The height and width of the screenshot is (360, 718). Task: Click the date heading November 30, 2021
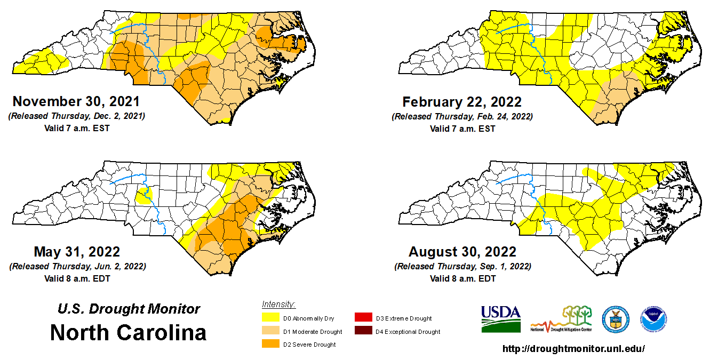76,101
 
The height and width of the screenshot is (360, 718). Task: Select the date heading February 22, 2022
462,101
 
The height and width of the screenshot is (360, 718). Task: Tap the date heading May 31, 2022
77,252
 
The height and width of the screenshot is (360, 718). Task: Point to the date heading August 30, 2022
462,252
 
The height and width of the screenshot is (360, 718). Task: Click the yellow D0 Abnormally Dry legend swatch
271,318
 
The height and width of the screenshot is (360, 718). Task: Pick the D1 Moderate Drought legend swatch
271,332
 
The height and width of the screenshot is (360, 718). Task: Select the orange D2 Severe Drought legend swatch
271,345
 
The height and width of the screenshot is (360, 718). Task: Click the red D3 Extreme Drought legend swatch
364,318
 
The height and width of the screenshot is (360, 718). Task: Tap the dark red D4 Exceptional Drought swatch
364,332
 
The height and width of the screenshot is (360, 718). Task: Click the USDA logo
501,318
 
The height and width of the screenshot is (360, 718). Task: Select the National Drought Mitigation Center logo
561,319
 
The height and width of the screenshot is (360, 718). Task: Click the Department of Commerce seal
615,319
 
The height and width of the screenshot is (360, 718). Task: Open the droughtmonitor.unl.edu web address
574,349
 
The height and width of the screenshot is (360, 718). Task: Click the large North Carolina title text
128,333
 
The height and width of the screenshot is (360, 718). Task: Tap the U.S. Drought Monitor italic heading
129,309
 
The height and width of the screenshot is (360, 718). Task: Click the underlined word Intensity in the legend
278,305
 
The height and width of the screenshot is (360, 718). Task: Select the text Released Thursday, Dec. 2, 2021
77,116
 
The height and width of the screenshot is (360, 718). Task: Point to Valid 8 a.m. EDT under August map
462,278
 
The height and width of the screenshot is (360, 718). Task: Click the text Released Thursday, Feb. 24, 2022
462,116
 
